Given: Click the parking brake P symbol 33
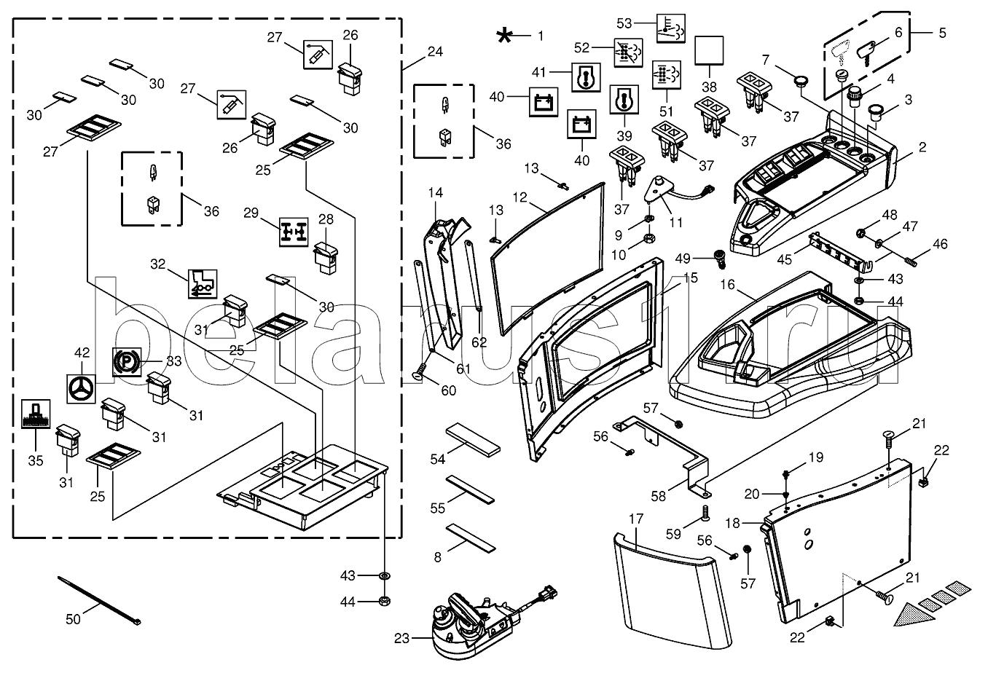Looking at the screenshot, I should [x=125, y=361].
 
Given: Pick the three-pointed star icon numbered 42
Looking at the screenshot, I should [x=82, y=389].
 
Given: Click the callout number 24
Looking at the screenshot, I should [x=435, y=52].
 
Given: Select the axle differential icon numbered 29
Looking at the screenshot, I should [x=294, y=231].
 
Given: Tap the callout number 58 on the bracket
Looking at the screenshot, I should [x=658, y=496].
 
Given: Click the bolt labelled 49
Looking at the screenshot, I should [x=720, y=257].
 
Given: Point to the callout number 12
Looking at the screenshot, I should [x=519, y=197].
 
